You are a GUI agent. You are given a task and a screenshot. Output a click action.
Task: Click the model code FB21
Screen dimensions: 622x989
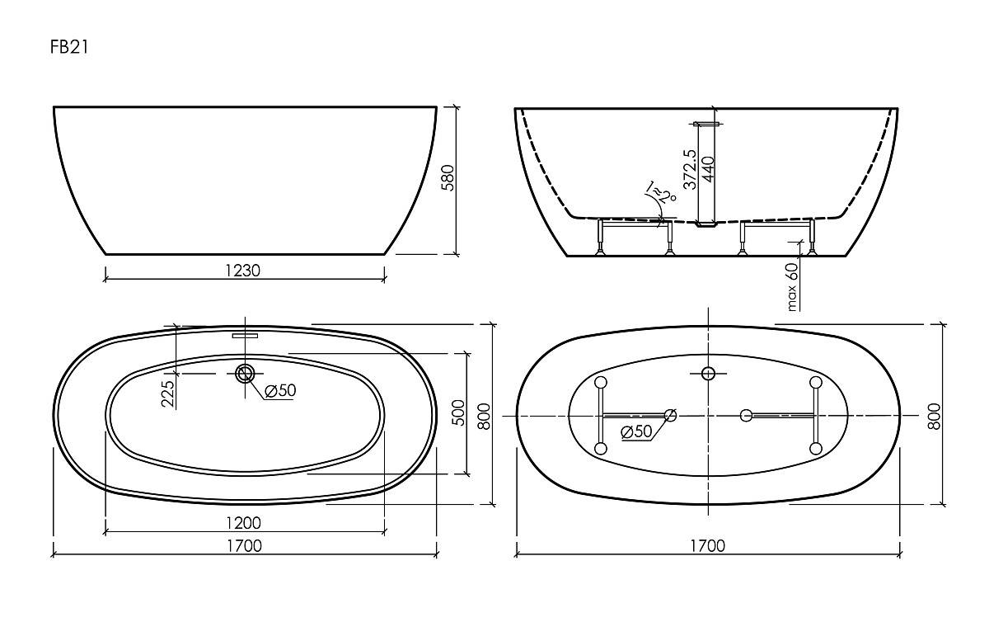point(69,48)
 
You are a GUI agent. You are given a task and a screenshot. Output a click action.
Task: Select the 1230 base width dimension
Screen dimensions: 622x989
point(244,270)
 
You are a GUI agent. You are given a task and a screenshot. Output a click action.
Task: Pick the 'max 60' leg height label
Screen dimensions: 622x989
point(792,285)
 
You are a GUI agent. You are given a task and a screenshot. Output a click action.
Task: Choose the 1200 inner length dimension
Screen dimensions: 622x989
point(244,523)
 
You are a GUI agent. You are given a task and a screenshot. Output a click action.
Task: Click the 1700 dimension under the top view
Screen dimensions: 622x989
point(244,545)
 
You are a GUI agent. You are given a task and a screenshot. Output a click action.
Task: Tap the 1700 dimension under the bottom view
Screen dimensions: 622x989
point(707,545)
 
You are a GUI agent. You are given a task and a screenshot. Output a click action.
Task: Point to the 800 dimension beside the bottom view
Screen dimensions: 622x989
point(935,417)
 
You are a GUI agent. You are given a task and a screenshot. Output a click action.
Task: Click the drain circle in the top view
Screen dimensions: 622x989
point(245,374)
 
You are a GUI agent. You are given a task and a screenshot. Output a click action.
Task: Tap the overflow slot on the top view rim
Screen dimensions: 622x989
point(245,336)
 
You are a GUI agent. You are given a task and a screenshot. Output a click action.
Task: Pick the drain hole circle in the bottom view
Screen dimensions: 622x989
point(707,374)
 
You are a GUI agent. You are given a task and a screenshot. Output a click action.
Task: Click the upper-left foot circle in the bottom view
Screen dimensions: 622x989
point(600,382)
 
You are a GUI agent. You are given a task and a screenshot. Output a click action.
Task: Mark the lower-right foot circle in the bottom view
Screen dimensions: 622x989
point(816,449)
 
